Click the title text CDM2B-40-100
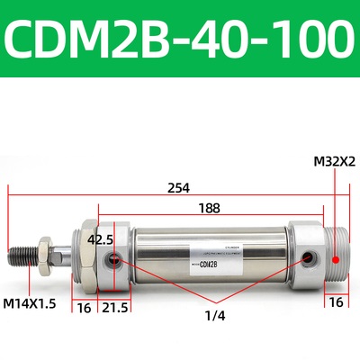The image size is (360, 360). pos(180,38)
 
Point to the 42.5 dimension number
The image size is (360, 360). pos(101,240)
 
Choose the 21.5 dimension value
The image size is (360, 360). pos(114,307)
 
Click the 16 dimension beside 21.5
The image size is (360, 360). pos(83,307)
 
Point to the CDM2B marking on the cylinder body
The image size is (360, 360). pos(209,264)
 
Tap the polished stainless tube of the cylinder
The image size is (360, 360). pos(207,243)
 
